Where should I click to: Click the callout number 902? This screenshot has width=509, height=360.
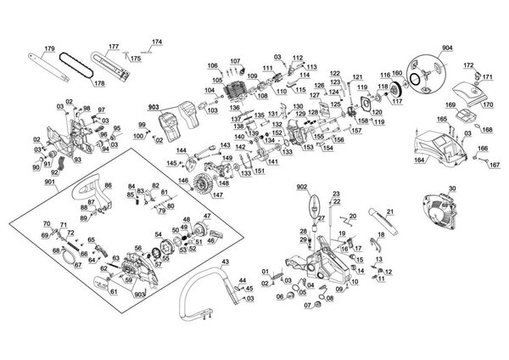coord(301,185)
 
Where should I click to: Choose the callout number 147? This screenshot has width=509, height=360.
coord(218,195)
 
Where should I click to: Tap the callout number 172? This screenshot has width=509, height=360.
coord(468,65)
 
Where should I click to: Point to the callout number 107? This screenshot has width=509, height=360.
coord(235,61)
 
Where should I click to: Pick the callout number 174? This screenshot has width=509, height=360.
coord(156,41)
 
